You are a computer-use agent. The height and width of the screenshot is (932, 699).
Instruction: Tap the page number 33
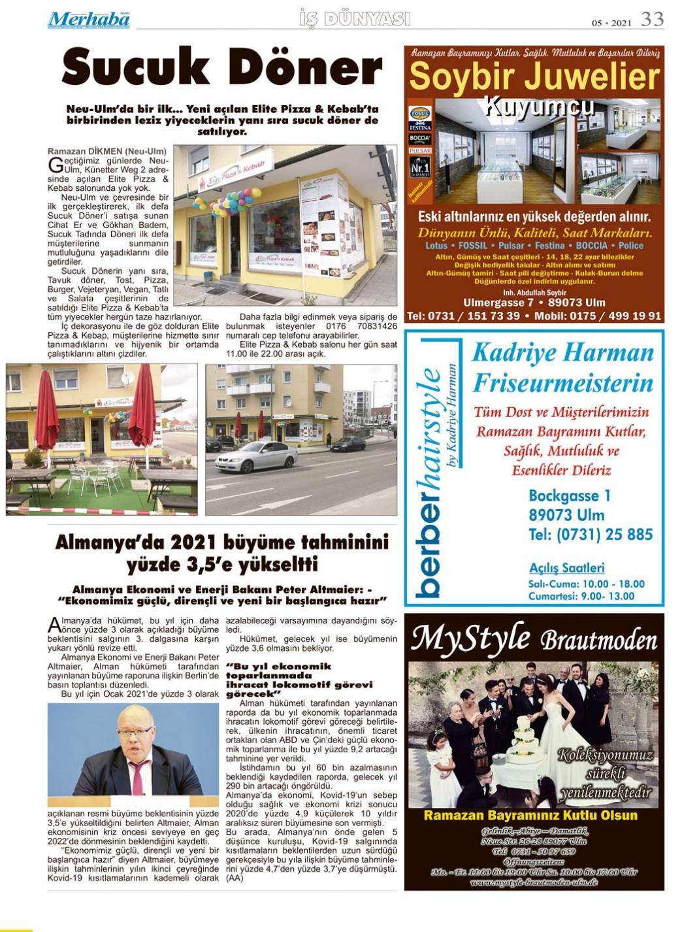click(652, 19)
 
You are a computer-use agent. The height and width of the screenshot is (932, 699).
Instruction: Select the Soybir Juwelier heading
click(534, 77)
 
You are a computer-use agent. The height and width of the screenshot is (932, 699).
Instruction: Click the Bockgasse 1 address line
click(570, 495)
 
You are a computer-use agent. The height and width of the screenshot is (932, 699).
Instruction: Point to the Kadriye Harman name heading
click(562, 353)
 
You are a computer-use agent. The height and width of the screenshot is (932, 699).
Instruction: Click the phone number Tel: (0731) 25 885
click(591, 535)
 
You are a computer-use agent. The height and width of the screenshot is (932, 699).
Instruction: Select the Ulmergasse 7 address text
click(498, 303)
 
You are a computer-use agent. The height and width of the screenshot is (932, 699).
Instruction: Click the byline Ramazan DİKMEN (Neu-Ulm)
click(107, 151)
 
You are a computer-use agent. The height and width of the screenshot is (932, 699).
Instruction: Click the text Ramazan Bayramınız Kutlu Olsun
click(530, 816)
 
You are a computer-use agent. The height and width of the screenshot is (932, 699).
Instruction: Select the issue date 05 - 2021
click(611, 23)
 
